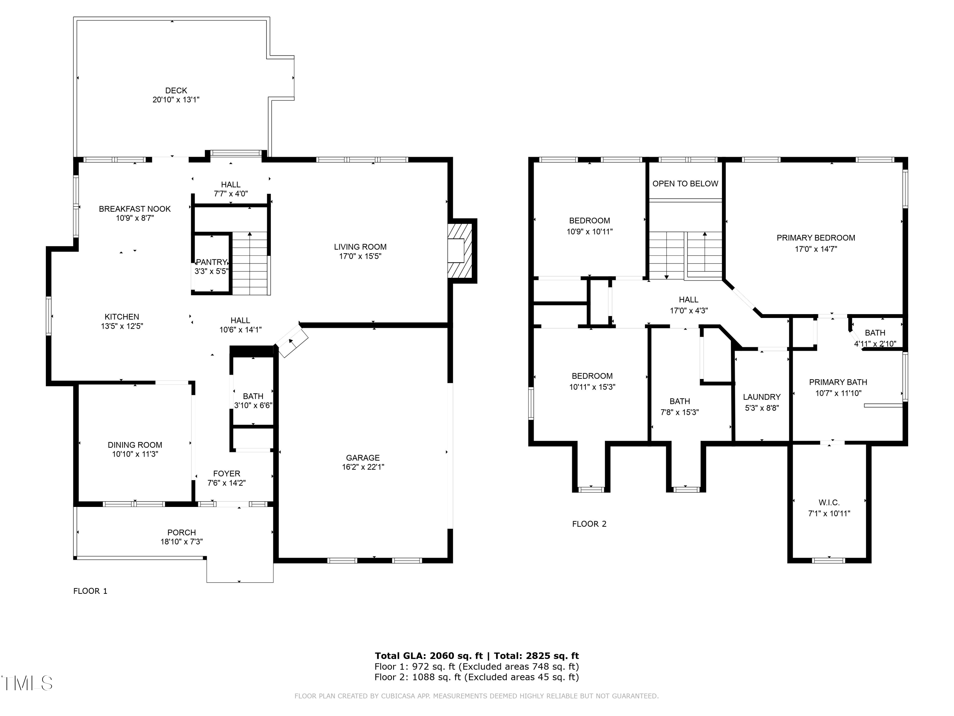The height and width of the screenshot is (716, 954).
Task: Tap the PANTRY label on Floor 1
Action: coord(211,262)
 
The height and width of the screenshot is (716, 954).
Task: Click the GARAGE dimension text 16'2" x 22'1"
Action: coord(363,467)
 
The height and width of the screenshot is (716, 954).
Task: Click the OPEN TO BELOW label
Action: coord(685,183)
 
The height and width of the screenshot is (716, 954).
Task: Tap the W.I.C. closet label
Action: coord(829,502)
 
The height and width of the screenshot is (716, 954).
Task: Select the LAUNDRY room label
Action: coord(762,397)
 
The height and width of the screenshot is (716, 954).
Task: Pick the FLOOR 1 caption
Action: coord(90,591)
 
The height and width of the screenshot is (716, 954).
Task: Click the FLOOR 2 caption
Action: coord(589,524)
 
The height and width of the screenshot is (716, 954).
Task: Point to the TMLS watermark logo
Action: coord(27,683)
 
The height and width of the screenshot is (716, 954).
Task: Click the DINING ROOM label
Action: coord(135,445)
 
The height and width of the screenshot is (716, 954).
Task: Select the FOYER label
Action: coord(226,474)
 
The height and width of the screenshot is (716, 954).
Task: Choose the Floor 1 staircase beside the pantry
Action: coord(250,263)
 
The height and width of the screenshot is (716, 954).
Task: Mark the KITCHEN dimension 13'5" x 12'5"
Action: coord(122,326)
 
